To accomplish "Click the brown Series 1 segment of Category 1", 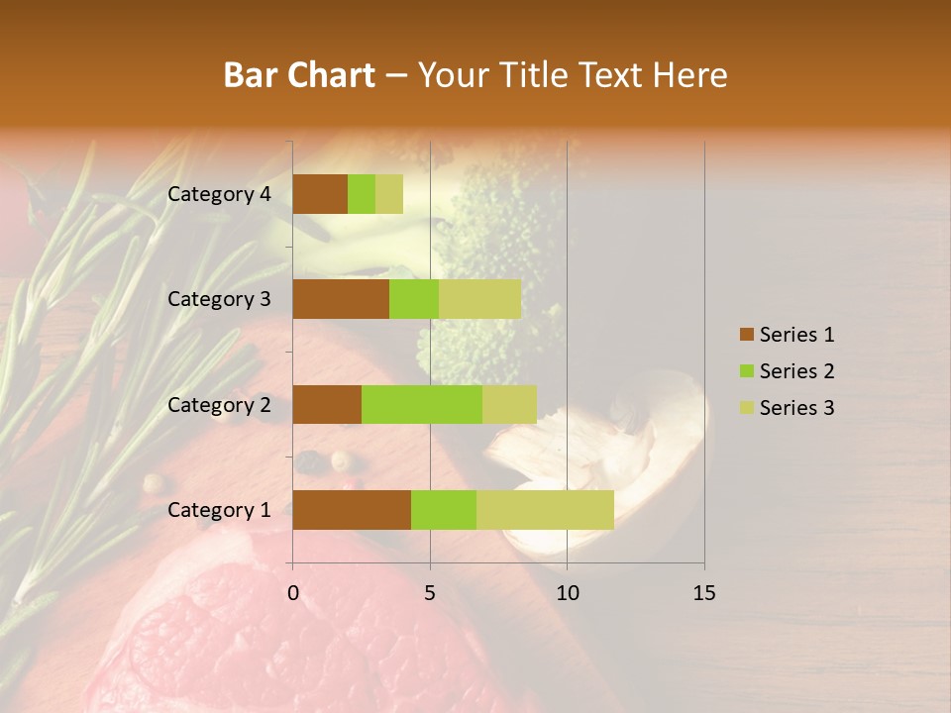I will click(x=352, y=510).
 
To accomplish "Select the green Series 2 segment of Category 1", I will click(x=444, y=510).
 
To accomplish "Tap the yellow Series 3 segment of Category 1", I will click(x=545, y=510).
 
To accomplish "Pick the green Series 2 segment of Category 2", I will click(x=422, y=404).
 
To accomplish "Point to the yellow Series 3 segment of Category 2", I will click(x=509, y=404).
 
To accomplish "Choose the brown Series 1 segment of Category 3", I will click(x=341, y=299).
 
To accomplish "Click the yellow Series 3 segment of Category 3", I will click(x=479, y=299).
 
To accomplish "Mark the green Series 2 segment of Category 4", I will click(x=362, y=194).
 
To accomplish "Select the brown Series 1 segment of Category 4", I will click(x=320, y=194).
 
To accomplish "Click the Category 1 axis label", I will click(x=219, y=510).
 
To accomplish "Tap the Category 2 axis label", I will click(x=219, y=404).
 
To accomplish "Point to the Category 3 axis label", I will click(x=219, y=299).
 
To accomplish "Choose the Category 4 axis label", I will click(x=219, y=194).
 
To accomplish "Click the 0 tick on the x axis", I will click(x=293, y=593).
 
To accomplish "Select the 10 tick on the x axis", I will click(x=567, y=593).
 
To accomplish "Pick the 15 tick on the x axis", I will click(x=704, y=593).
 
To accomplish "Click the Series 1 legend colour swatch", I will click(x=746, y=335).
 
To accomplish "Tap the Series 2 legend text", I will click(x=796, y=371).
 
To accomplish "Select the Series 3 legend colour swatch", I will click(x=746, y=408).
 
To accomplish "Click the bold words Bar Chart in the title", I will click(x=299, y=75).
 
